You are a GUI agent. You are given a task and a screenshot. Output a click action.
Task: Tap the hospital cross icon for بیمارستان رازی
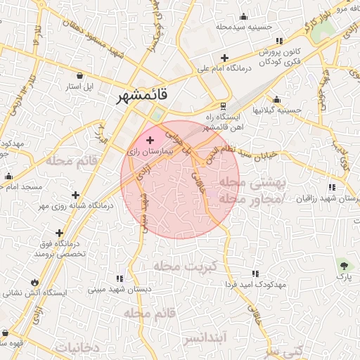[150, 141]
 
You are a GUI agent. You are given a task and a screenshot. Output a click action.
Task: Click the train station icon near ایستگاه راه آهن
[224, 106]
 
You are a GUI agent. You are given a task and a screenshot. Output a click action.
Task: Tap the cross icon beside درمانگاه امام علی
[224, 58]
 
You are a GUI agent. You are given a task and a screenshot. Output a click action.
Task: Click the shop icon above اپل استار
[79, 75]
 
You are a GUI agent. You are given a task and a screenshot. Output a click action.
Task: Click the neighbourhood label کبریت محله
[190, 266]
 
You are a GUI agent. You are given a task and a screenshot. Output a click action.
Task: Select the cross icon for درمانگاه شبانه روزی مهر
[75, 195]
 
